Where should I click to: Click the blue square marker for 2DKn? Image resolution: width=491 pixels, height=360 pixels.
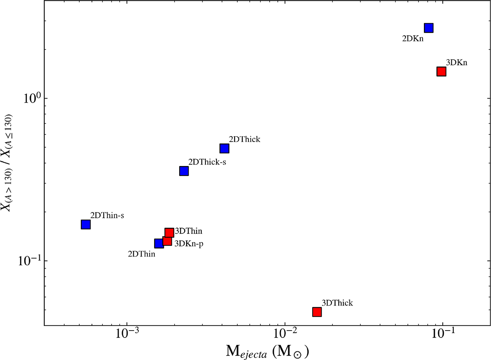428,28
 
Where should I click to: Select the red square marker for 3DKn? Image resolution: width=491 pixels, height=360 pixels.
441,72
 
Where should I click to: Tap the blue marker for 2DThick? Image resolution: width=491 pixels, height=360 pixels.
224,148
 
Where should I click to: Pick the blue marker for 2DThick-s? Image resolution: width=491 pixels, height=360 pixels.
184,171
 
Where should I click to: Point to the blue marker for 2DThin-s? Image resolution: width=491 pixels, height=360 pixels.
86,224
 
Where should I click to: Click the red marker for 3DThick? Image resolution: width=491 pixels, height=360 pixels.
317,312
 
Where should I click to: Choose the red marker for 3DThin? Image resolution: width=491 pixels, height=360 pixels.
169,232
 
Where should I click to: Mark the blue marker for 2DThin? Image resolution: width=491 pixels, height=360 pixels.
159,243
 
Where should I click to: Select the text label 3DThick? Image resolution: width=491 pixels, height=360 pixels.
337,303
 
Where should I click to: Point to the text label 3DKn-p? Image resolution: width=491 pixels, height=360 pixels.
189,243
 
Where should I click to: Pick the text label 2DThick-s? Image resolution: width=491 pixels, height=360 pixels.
207,162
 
